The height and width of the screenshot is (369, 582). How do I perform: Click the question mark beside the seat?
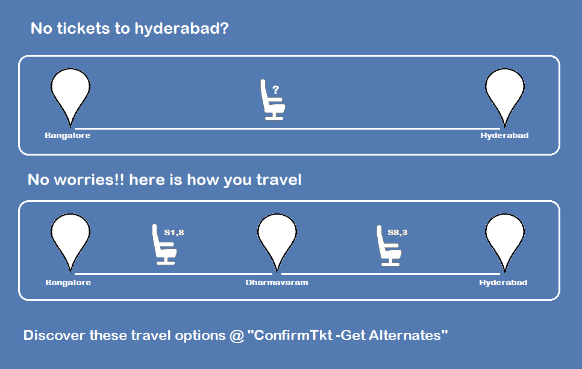(x=275, y=90)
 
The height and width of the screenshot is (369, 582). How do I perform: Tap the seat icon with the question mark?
(x=273, y=99)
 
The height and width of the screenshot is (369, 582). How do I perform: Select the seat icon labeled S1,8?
(x=164, y=245)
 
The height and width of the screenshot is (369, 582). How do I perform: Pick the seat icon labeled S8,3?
(x=389, y=245)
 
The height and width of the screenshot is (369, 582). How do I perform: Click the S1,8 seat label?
(x=174, y=233)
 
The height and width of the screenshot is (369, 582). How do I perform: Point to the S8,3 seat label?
(x=398, y=233)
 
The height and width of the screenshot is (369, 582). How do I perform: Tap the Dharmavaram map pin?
(x=277, y=242)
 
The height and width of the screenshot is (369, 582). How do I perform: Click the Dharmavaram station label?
(x=277, y=282)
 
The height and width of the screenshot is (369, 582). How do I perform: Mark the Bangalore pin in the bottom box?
(x=70, y=242)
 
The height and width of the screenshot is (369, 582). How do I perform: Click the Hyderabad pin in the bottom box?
(x=505, y=242)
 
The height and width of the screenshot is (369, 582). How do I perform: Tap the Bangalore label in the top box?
(x=67, y=136)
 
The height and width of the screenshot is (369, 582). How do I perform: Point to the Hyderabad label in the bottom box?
(x=503, y=282)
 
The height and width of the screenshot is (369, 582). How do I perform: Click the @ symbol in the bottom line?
(x=237, y=336)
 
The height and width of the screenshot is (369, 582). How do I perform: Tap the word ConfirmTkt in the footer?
(x=293, y=335)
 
